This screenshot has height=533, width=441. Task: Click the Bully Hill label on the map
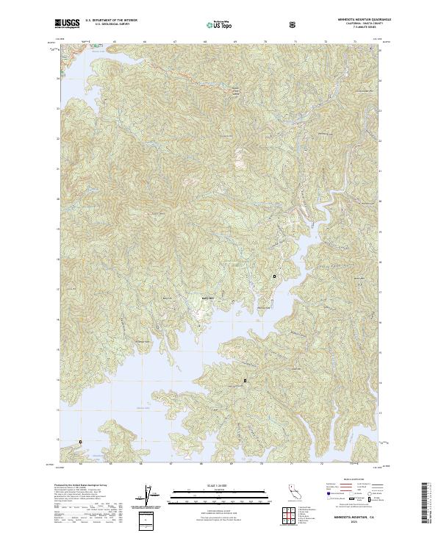[207, 298]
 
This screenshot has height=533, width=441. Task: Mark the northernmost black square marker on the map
[275, 276]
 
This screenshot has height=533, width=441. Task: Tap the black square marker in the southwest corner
[80, 442]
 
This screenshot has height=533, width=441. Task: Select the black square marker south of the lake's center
[245, 380]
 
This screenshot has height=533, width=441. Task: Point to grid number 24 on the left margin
[57, 78]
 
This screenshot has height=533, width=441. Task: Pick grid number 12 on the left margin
[57, 440]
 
